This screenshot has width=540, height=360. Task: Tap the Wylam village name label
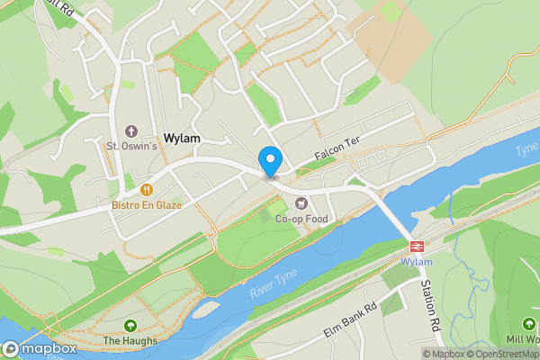coord(182,139)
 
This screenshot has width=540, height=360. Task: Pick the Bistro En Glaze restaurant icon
coord(146,190)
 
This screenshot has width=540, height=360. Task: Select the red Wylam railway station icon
coord(417,246)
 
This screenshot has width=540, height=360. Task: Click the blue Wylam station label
coord(417,262)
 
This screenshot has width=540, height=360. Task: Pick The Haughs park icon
coord(130,326)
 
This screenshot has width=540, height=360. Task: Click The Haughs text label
coord(130,341)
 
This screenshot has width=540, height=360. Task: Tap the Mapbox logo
coord(39,348)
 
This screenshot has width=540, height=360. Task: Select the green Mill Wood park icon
coord(528,324)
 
